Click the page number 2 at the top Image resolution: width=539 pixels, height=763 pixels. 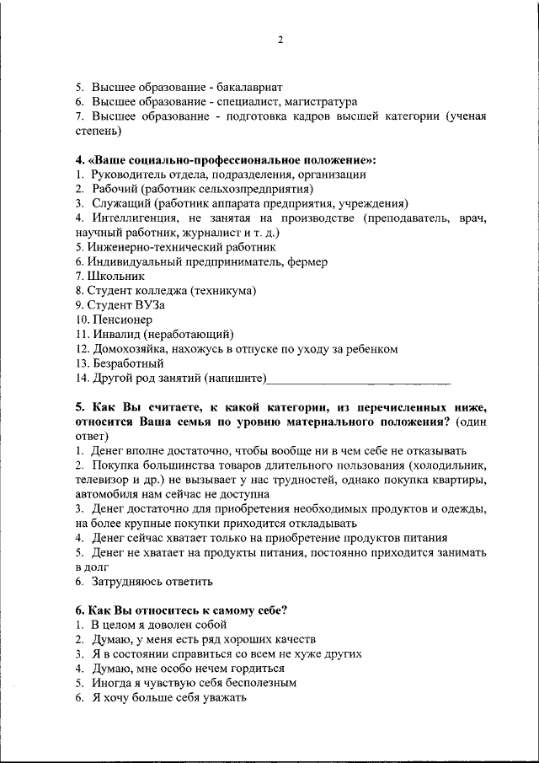pos(280,40)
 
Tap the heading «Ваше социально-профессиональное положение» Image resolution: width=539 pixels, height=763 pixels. pos(221,159)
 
